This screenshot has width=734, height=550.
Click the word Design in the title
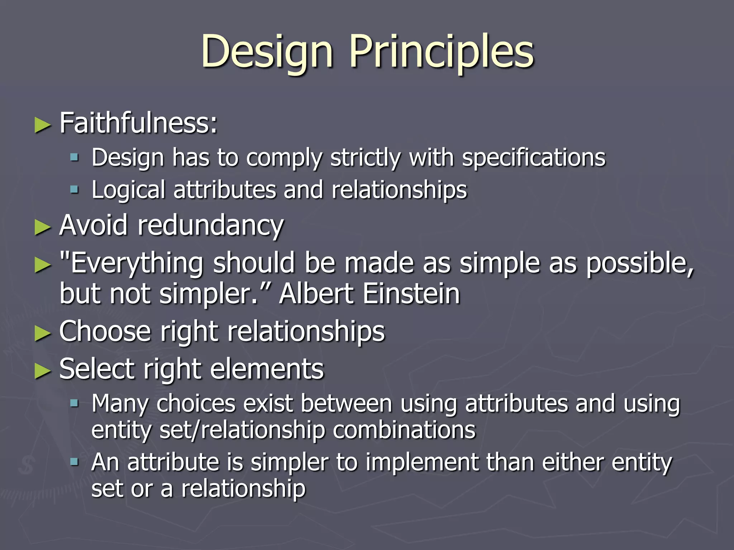pyautogui.click(x=267, y=52)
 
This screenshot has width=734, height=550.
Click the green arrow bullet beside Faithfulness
pyautogui.click(x=43, y=125)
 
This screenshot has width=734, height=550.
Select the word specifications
pyautogui.click(x=534, y=158)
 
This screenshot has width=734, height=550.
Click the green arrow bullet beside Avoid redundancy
pyautogui.click(x=43, y=228)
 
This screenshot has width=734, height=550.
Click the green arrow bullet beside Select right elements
pyautogui.click(x=43, y=371)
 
